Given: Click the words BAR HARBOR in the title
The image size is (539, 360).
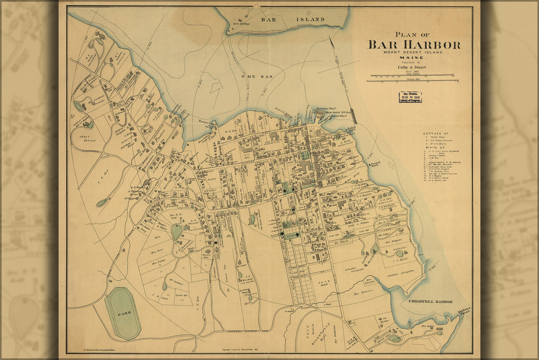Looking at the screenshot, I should (x=414, y=45).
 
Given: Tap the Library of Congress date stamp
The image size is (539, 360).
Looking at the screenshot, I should (x=410, y=97).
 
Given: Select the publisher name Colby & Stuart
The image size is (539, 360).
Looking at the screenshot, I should (x=414, y=67).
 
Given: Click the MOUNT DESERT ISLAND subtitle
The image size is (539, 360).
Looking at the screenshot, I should (x=414, y=52).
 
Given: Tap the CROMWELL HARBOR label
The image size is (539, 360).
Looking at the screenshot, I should (x=431, y=302).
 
